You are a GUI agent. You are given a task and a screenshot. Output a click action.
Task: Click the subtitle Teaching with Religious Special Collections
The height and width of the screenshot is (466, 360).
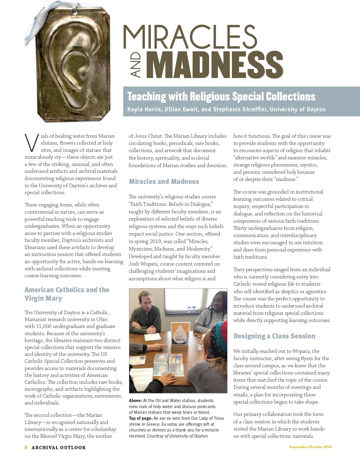pyautogui.click(x=221, y=97)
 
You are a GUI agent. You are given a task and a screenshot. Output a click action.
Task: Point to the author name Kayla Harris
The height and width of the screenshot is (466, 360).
pyautogui.click(x=144, y=109)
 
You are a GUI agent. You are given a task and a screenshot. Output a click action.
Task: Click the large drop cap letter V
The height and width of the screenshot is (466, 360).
pyautogui.click(x=31, y=143)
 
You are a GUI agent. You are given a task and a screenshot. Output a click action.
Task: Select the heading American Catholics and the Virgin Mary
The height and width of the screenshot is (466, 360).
pyautogui.click(x=67, y=294)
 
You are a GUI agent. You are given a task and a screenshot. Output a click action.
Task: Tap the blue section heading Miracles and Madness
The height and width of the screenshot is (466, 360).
pyautogui.click(x=164, y=182)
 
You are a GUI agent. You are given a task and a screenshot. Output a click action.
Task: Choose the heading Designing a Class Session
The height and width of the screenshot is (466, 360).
pyautogui.click(x=274, y=336)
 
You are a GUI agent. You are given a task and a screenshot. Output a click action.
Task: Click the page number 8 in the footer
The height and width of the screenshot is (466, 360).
pyautogui.click(x=26, y=447)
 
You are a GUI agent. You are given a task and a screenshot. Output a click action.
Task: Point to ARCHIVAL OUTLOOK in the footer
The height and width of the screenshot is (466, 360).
pyautogui.click(x=59, y=447)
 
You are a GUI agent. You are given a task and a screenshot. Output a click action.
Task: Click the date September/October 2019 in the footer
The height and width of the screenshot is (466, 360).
pyautogui.click(x=310, y=447)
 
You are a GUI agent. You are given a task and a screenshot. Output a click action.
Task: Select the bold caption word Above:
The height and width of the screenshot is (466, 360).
pyautogui.click(x=135, y=401)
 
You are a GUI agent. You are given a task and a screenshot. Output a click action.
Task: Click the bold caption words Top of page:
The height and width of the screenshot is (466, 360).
pyautogui.click(x=141, y=418)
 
